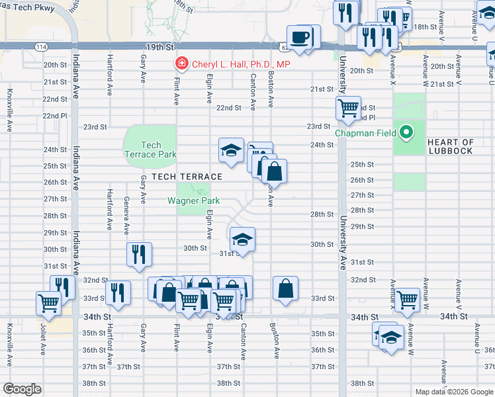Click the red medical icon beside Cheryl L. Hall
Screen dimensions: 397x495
tap(180, 64)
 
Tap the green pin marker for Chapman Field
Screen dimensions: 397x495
tap(407, 133)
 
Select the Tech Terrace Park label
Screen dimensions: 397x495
tap(151, 150)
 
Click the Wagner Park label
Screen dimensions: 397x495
tap(193, 200)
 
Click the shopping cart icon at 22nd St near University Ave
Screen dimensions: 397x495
tap(348, 107)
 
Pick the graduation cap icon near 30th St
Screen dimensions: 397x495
tap(242, 239)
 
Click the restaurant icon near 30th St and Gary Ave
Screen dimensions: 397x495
tap(139, 254)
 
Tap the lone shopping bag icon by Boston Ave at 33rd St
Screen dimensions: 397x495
tap(285, 288)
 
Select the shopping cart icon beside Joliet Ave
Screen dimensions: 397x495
tap(49, 302)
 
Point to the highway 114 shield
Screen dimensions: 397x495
tap(41, 47)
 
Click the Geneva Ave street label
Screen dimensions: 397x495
tap(126, 216)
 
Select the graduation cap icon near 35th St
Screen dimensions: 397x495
tap(391, 338)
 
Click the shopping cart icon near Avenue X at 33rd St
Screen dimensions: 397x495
tap(407, 300)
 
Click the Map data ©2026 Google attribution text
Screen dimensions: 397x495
tap(453, 392)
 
